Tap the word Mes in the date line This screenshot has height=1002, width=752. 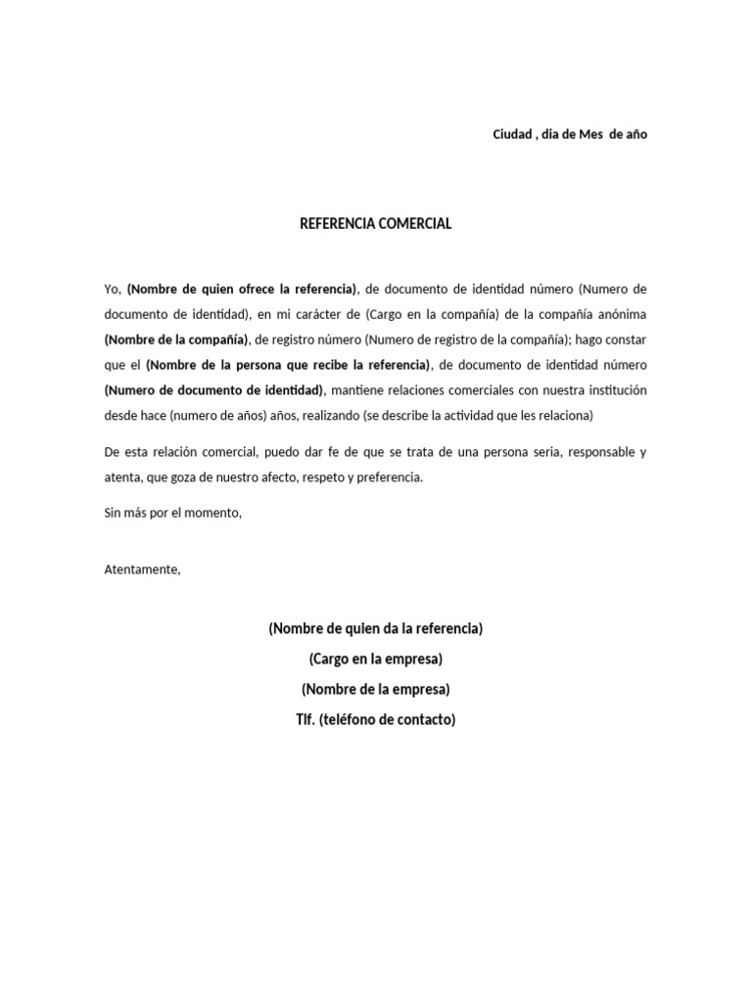point(590,134)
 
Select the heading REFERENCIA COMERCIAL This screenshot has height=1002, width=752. point(375,223)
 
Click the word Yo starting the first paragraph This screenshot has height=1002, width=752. point(112,290)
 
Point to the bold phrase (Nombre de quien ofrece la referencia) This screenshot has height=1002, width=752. point(243,290)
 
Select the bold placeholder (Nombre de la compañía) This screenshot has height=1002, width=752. point(175,341)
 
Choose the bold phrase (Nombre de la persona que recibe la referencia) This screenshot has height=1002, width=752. point(289,366)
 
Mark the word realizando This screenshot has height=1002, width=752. point(326,416)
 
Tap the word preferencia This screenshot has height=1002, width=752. point(389,478)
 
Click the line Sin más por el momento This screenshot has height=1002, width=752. point(172,513)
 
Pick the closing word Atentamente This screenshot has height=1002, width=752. point(142,569)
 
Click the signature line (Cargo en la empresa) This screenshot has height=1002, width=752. point(375,659)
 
